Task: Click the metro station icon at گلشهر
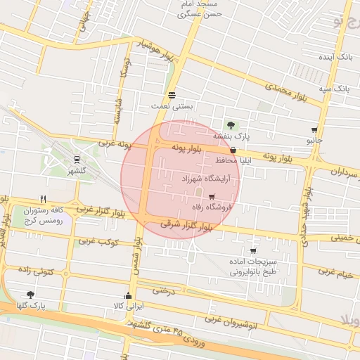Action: (x=76, y=159)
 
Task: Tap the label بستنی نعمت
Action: (x=172, y=105)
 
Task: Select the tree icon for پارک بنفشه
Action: (x=231, y=125)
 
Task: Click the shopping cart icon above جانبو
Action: (x=314, y=130)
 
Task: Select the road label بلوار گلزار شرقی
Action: (x=186, y=226)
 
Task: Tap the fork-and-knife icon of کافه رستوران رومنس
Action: (x=44, y=199)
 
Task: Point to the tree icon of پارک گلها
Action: (x=30, y=295)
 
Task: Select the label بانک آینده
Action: (x=335, y=55)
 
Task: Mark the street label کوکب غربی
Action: (x=97, y=242)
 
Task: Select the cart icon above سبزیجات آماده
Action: (x=252, y=250)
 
